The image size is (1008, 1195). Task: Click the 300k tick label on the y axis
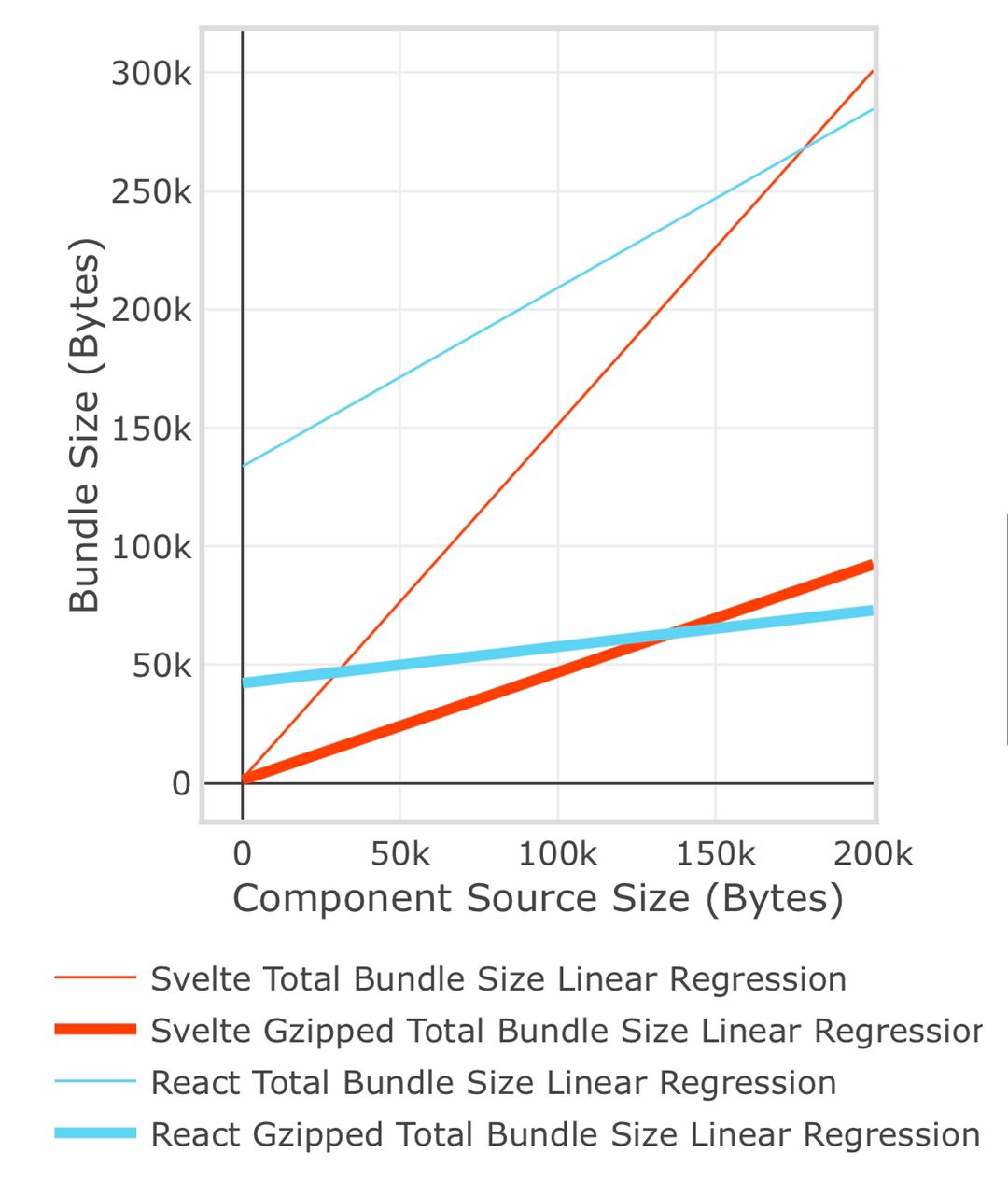(151, 73)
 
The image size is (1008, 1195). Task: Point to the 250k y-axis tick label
(151, 191)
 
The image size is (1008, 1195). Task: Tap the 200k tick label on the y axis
(151, 310)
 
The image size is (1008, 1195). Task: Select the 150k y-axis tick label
(151, 429)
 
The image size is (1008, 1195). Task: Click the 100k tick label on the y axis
(151, 547)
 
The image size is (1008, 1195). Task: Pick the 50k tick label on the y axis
(161, 666)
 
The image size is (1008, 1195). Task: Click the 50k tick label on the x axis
(399, 853)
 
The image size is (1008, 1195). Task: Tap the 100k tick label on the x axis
(557, 853)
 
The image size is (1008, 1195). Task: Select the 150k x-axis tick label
(715, 853)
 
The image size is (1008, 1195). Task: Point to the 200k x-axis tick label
(873, 853)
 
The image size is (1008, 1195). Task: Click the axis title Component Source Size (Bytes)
(538, 898)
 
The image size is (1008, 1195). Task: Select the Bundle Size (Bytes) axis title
(85, 426)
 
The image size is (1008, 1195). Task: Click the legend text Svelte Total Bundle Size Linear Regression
(498, 979)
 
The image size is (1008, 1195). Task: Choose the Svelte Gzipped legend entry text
(567, 1031)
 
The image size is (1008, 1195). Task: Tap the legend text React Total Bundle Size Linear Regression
(493, 1083)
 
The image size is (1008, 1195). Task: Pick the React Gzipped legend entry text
(566, 1134)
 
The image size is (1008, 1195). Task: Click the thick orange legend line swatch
(95, 1030)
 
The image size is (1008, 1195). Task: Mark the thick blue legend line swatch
(95, 1133)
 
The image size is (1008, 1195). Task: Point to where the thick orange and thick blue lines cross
(668, 635)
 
